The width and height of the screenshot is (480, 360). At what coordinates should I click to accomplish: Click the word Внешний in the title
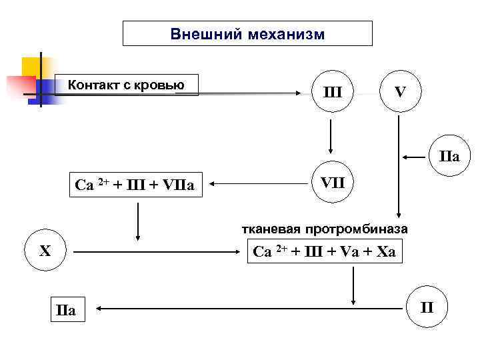[x=205, y=34]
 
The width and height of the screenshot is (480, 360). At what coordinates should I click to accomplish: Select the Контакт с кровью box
[x=127, y=85]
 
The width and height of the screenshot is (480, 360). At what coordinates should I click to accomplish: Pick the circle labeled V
[x=399, y=91]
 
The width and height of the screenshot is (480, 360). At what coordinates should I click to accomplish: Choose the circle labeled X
[x=45, y=252]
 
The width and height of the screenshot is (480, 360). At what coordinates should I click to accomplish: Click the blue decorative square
[x=45, y=90]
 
